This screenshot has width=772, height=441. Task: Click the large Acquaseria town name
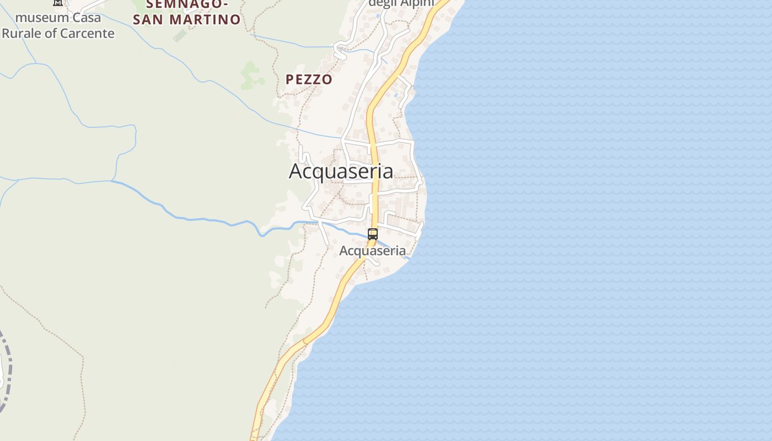click(341, 171)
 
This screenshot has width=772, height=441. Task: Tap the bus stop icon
click(373, 234)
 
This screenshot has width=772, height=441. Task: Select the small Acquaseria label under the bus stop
click(373, 251)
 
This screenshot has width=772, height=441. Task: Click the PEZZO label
click(309, 79)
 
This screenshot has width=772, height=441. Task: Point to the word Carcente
click(87, 33)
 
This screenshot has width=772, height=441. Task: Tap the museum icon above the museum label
click(58, 3)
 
